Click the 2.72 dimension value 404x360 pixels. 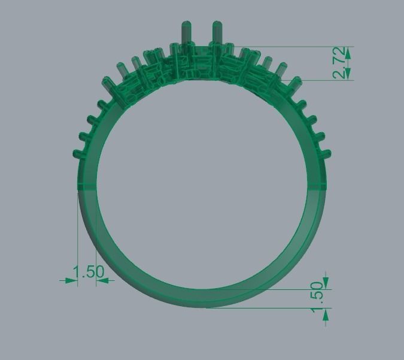pos(339,63)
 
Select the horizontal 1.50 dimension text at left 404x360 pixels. pos(88,272)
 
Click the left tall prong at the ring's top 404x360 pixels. pos(184,33)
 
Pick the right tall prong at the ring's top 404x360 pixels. pos(216,33)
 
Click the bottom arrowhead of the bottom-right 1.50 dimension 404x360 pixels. pos(326,313)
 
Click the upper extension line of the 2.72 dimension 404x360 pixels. pos(287,47)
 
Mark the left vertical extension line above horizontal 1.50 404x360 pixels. pos(78,234)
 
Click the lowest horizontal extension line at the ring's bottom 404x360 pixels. pos(269,308)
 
